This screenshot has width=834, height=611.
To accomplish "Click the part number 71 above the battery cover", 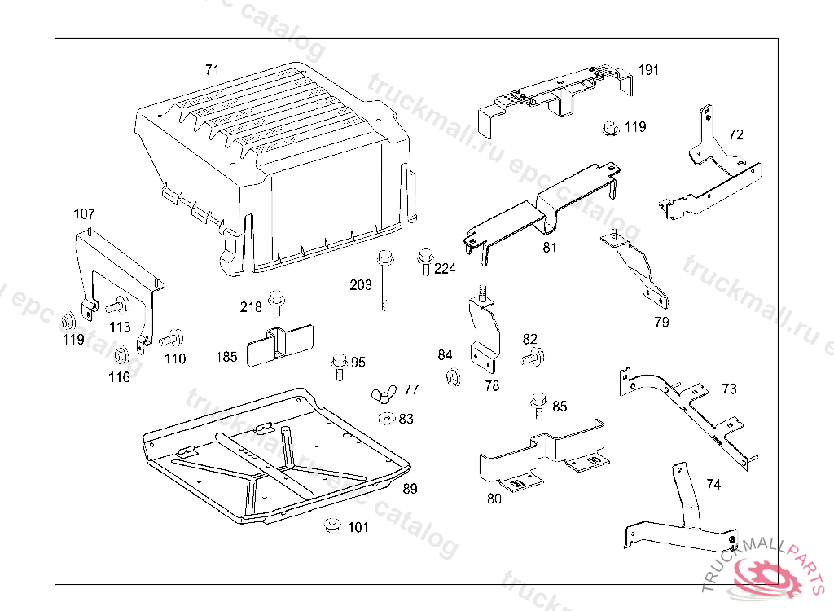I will [x=212, y=70].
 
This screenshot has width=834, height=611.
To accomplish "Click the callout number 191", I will [x=648, y=70].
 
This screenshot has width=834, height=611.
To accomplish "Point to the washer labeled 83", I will [x=385, y=419].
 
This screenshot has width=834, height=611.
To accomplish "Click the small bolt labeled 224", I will [x=424, y=262].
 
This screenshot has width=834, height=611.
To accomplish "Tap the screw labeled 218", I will [x=276, y=302].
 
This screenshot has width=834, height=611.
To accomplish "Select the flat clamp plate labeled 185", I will [x=279, y=345].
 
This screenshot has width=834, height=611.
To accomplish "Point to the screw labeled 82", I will [x=533, y=355].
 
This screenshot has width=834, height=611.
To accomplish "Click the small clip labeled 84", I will [x=450, y=376].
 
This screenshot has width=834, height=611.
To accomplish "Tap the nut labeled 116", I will [x=121, y=356].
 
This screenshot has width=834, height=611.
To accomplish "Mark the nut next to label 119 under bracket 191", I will [x=609, y=127].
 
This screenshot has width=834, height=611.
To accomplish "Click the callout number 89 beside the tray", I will [x=410, y=489].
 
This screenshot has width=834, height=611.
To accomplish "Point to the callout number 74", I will [x=713, y=485].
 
